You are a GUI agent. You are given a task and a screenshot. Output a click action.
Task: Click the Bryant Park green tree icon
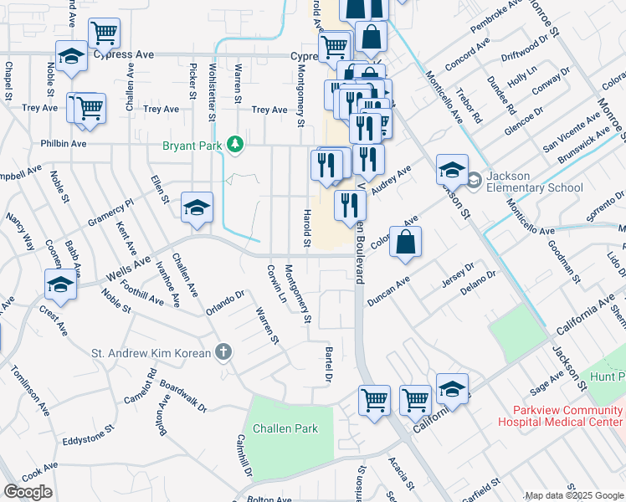pos(237,144)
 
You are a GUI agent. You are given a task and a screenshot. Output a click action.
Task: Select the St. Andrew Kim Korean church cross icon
pos(223,353)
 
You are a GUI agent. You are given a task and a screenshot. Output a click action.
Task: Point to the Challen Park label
pos(285,428)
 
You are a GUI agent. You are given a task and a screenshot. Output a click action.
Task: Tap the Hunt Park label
pos(608,379)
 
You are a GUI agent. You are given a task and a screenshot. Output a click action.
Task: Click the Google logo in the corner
pos(28,491)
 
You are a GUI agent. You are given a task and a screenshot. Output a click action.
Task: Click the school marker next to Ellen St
pos(197,207)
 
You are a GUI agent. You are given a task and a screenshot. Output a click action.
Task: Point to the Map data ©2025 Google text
pos(573,495)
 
